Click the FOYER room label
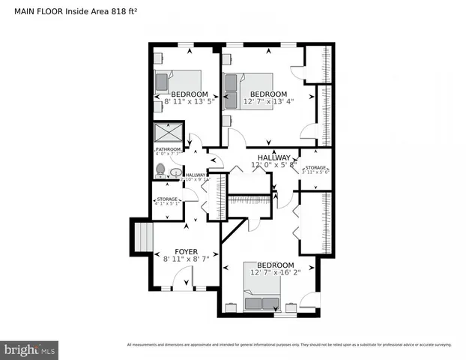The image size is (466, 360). pyautogui.click(x=186, y=251)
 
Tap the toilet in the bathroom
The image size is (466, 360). pyautogui.click(x=160, y=171)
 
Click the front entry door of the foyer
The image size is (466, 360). pyautogui.click(x=183, y=282)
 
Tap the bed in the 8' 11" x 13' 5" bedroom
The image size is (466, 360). pyautogui.click(x=179, y=80)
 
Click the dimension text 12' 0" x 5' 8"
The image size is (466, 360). pyautogui.click(x=274, y=165)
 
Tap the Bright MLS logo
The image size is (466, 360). pyautogui.click(x=29, y=349)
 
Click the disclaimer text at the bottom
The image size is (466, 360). pyautogui.click(x=289, y=345)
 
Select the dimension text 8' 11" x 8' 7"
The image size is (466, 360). pyautogui.click(x=186, y=259)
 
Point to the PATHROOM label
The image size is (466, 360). pyautogui.click(x=169, y=149)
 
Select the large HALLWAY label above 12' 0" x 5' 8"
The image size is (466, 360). pyautogui.click(x=274, y=157)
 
